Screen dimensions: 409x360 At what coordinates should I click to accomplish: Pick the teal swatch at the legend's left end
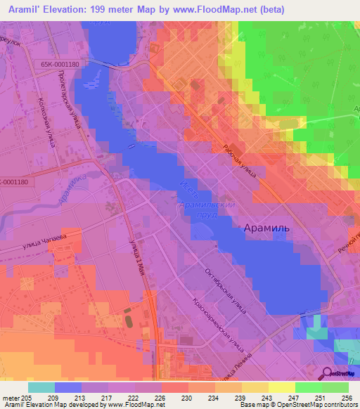(x=41, y=387)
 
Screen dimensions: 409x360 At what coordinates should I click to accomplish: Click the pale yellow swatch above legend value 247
(x=281, y=387)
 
